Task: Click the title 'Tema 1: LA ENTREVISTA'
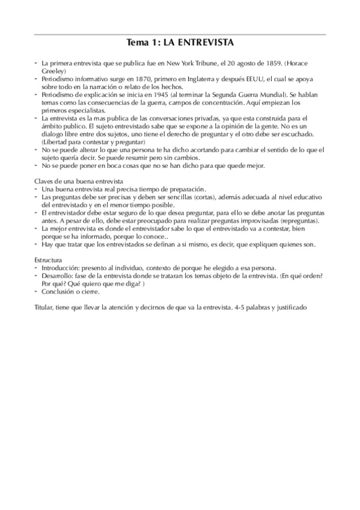(x=180, y=43)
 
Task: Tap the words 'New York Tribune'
(x=190, y=63)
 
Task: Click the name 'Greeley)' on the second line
(x=53, y=71)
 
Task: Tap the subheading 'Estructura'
(x=50, y=260)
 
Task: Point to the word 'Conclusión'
(x=61, y=291)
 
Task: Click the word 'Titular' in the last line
(x=46, y=307)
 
